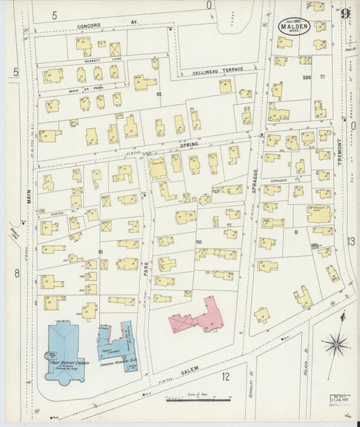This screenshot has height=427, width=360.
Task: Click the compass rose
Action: (335, 345)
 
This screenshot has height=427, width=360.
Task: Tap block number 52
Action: (159, 94)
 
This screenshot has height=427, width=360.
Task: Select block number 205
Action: (306, 78)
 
